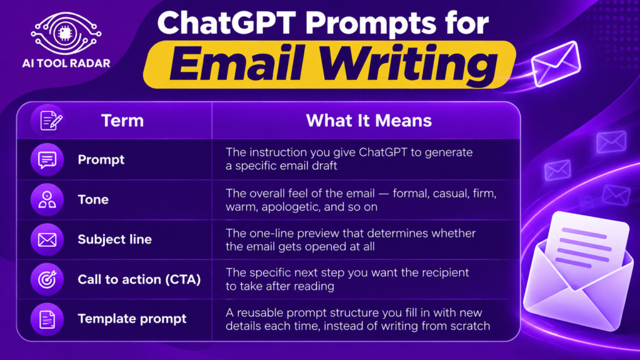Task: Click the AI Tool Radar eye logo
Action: click(66, 34)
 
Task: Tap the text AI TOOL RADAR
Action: click(66, 63)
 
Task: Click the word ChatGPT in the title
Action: click(226, 22)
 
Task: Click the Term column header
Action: click(122, 121)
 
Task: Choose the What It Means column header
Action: click(369, 121)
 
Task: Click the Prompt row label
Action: click(101, 159)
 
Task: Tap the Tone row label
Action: click(94, 199)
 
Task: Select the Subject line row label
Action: click(115, 239)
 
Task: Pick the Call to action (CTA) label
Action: click(139, 279)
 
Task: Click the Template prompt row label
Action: click(132, 319)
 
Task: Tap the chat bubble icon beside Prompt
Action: click(47, 159)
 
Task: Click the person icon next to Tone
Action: click(47, 199)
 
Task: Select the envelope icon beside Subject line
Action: click(47, 239)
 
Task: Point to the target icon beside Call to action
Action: click(47, 279)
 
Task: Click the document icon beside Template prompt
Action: click(47, 319)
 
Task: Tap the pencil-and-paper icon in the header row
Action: click(47, 121)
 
